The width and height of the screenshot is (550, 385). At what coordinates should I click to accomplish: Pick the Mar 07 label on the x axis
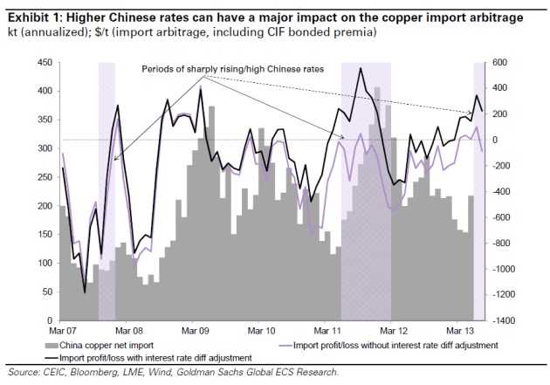(x=61, y=332)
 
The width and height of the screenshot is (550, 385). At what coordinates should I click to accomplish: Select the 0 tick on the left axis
(x=49, y=320)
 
